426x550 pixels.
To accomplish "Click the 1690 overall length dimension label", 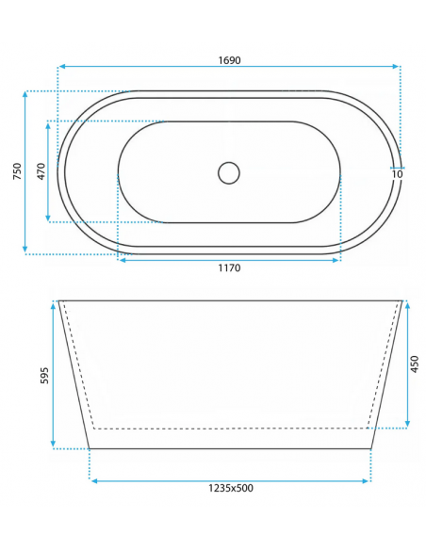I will click(x=230, y=59).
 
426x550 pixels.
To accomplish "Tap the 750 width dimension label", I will click(x=16, y=171).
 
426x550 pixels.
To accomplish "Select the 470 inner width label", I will click(x=41, y=171).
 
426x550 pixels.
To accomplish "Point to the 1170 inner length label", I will click(x=230, y=268).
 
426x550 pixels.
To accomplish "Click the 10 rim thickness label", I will click(x=397, y=173).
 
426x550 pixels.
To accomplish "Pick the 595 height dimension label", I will click(x=42, y=375).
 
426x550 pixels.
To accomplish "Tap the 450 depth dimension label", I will click(x=414, y=364).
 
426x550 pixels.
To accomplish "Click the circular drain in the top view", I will click(x=229, y=172).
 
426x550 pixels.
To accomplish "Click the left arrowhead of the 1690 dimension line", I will click(x=61, y=67).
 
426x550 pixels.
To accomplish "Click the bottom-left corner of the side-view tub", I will click(x=90, y=448).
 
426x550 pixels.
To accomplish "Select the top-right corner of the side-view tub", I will click(x=402, y=301).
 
